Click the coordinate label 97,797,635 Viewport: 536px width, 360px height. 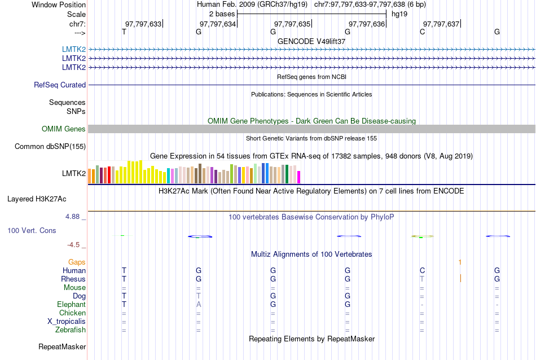292,24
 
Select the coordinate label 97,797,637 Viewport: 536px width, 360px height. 441,24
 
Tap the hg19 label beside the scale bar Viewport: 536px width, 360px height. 399,14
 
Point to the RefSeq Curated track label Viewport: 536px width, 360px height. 60,85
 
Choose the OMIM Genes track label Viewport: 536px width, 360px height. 64,129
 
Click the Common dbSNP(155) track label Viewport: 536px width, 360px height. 50,147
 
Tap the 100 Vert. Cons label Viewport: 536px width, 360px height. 32,231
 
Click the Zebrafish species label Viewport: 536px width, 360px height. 71,330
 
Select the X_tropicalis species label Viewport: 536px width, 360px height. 67,321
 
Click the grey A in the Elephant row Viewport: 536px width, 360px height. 199,304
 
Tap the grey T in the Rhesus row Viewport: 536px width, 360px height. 422,279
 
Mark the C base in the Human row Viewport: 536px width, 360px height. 422,270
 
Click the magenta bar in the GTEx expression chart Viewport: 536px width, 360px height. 299,177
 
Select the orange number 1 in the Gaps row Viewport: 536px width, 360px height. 460,262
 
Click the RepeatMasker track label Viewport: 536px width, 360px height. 62,346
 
